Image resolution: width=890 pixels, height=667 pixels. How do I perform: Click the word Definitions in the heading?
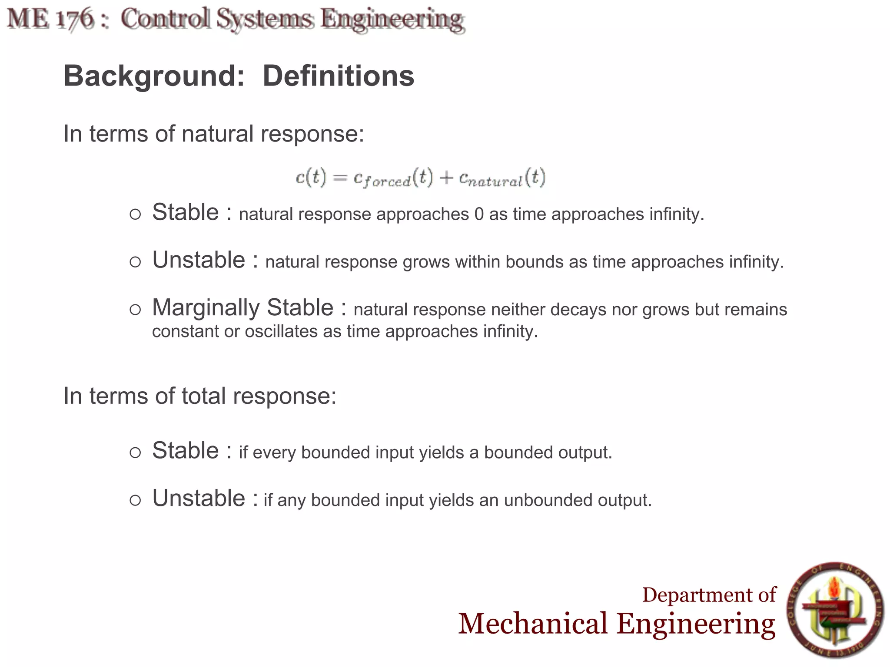338,76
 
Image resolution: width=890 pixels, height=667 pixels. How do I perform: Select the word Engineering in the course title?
392,20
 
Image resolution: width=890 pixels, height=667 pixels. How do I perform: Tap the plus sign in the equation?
446,178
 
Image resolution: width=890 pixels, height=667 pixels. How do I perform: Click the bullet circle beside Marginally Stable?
135,310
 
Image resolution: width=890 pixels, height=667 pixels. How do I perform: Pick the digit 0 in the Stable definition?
479,215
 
